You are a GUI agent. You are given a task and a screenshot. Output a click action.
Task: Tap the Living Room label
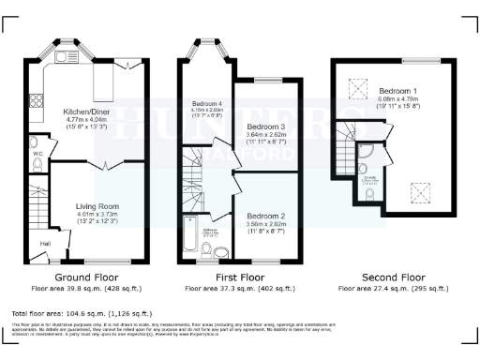98,206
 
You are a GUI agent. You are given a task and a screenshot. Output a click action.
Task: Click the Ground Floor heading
86,277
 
